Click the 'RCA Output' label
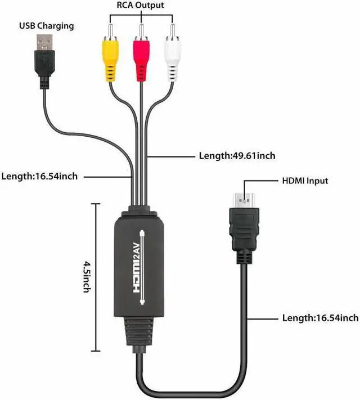tap(141, 6)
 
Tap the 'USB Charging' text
tap(47, 26)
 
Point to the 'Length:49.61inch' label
tap(237, 155)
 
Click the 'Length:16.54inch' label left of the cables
tap(39, 176)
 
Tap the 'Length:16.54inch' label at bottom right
tap(320, 318)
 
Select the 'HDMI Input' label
tap(304, 181)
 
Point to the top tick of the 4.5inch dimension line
tap(95, 204)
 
